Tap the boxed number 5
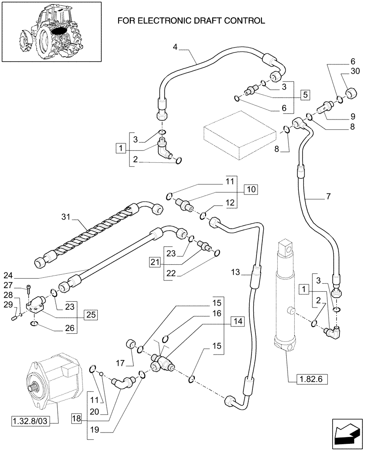[305, 95]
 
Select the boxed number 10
[251, 189]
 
